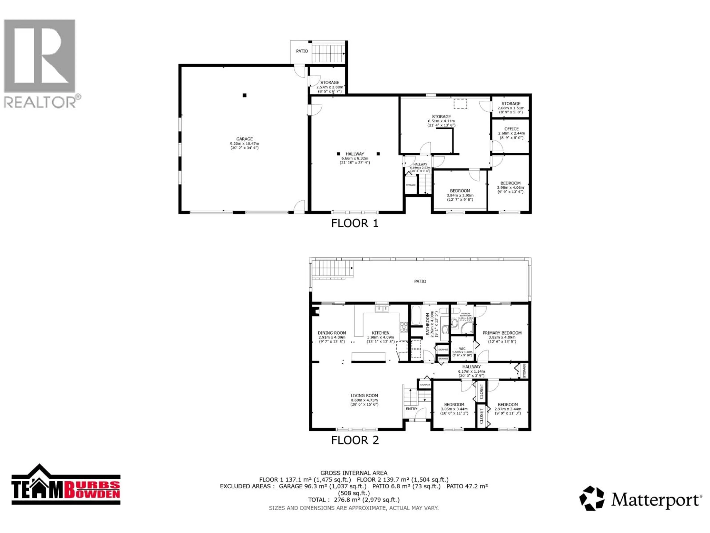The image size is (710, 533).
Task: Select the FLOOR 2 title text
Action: tap(355, 440)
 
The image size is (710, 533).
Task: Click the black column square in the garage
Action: tap(245, 95)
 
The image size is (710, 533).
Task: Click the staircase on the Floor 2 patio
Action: tap(332, 269)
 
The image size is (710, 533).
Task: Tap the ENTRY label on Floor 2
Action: tap(412, 409)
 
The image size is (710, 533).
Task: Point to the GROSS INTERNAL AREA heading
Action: tap(354, 473)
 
